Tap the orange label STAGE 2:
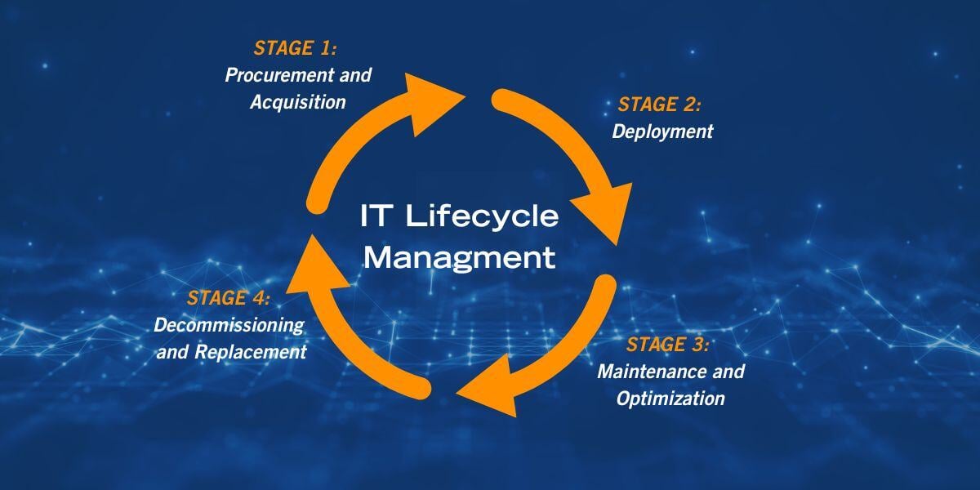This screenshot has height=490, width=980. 659,104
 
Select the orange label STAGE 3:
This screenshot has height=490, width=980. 667,344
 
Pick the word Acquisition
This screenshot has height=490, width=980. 298,102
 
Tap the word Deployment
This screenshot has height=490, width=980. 662,131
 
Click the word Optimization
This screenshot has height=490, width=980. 670,399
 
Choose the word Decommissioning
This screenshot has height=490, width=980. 229,325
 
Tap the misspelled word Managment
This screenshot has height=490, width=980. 459,258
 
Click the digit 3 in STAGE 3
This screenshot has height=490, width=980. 700,344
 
